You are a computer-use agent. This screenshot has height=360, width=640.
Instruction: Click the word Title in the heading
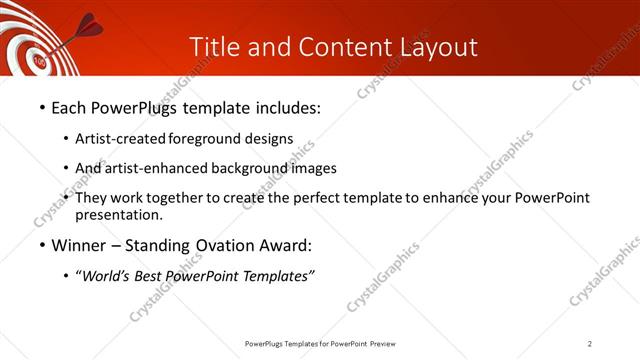click(212, 46)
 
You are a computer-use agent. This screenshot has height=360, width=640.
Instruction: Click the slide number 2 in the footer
click(590, 343)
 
